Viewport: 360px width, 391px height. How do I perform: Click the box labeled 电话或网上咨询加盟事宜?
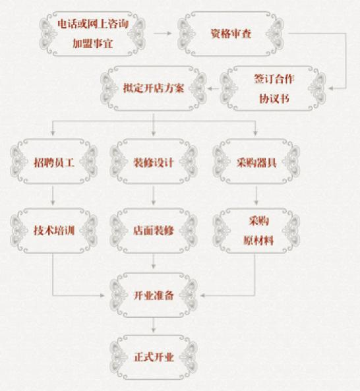[x=92, y=34]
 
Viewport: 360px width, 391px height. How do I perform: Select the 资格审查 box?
[x=231, y=34]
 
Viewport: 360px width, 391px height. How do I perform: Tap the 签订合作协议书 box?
[x=273, y=88]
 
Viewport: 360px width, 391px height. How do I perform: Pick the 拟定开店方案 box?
[x=154, y=88]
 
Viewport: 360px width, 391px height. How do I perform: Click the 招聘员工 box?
[x=53, y=162]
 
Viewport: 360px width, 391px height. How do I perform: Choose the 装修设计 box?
[x=154, y=162]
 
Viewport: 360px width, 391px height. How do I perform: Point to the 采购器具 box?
[x=256, y=162]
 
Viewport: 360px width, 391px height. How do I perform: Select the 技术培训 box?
[x=53, y=231]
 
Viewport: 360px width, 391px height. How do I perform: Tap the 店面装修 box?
[x=154, y=231]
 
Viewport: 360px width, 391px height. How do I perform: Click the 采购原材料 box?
[x=256, y=231]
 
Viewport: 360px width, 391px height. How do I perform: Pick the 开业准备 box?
[x=154, y=295]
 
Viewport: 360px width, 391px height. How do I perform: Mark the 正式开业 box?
[x=154, y=357]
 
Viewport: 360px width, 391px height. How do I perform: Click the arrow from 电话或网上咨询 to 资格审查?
[x=163, y=34]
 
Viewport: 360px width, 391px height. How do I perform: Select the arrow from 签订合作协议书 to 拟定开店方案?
[x=213, y=88]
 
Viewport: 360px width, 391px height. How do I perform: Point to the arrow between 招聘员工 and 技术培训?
[x=53, y=196]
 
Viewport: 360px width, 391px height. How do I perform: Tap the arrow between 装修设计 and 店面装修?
[x=154, y=196]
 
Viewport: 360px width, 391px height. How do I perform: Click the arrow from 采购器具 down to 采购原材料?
[x=256, y=196]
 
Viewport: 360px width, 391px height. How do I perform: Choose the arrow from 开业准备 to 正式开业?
[x=154, y=325]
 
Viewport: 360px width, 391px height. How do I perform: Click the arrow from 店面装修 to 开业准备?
[x=154, y=261]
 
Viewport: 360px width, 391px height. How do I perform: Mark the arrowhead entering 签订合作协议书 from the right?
[x=331, y=88]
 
